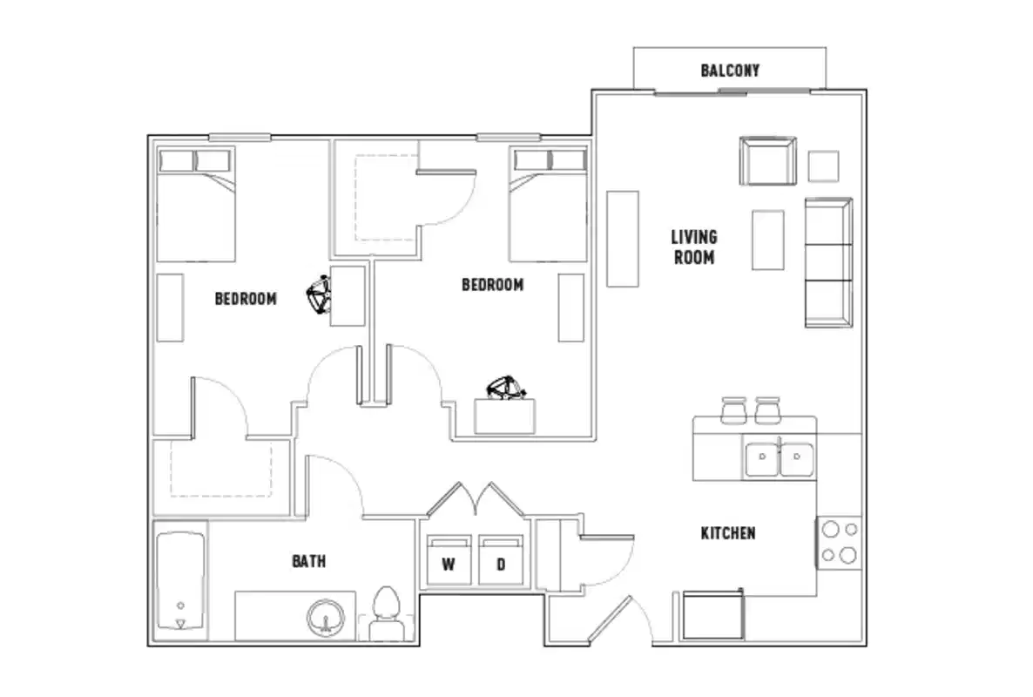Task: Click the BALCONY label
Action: (729, 71)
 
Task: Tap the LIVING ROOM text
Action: (693, 247)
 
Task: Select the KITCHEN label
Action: (727, 532)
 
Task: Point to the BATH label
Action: (308, 561)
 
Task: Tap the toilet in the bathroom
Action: (384, 614)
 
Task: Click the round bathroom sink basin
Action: (326, 618)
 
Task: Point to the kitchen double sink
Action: (779, 458)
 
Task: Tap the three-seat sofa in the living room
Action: (828, 262)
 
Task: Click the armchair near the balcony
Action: (767, 161)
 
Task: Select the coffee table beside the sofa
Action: (767, 240)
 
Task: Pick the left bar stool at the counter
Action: (733, 409)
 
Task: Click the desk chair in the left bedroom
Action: (319, 295)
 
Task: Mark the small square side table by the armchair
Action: (823, 166)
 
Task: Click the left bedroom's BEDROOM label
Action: (246, 299)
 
